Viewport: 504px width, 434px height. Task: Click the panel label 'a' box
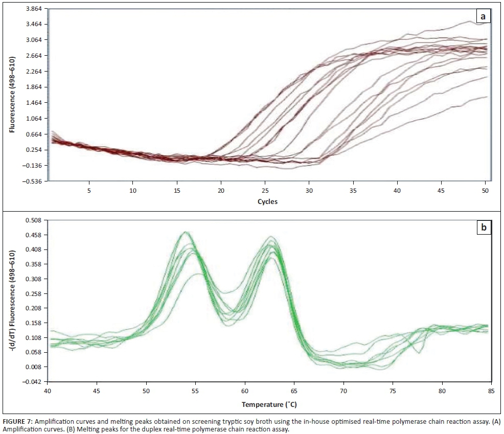pyautogui.click(x=483, y=17)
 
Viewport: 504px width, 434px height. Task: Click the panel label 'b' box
pyautogui.click(x=483, y=227)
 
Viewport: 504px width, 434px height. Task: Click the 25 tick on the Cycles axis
pyautogui.click(x=265, y=190)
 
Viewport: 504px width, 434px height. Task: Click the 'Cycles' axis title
pyautogui.click(x=267, y=201)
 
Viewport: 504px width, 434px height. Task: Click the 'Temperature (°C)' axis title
pyautogui.click(x=269, y=404)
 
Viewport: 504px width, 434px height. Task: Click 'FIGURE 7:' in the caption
pyautogui.click(x=19, y=421)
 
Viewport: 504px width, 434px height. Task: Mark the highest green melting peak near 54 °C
pyautogui.click(x=186, y=232)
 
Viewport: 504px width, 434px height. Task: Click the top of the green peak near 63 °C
pyautogui.click(x=271, y=237)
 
